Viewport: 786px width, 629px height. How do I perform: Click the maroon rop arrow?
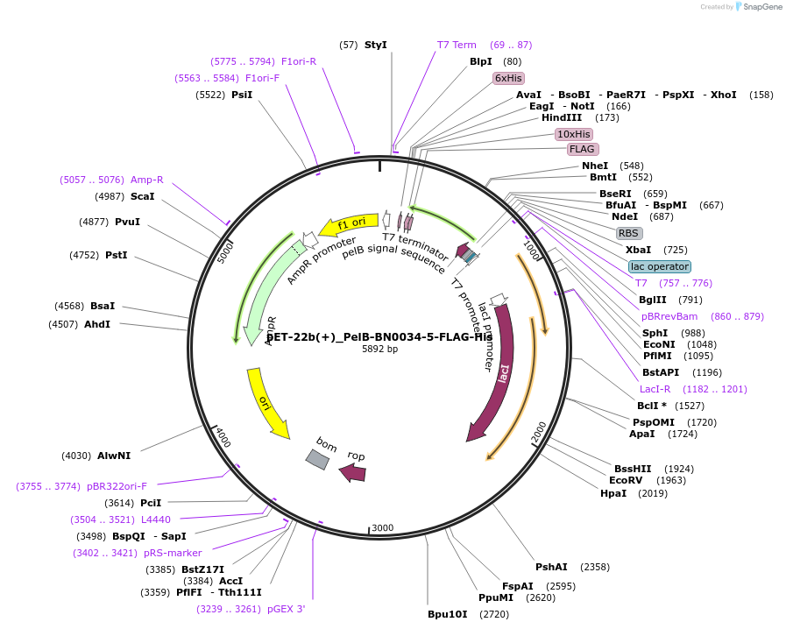tap(353, 472)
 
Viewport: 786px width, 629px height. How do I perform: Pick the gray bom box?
tap(317, 458)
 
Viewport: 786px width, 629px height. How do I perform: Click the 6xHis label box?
tap(508, 78)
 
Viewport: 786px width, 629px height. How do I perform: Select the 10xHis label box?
tap(574, 134)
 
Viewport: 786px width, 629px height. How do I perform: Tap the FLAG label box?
tap(582, 149)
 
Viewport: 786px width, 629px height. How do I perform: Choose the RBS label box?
tap(628, 233)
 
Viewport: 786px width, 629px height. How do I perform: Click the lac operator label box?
tap(659, 266)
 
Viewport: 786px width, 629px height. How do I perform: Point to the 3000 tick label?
tap(383, 528)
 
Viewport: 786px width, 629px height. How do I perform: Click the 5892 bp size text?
tap(379, 349)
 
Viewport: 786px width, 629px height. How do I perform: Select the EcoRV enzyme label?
tap(626, 480)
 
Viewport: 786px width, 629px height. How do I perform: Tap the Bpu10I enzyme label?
tap(448, 614)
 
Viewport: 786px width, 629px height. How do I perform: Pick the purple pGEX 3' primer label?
tap(287, 609)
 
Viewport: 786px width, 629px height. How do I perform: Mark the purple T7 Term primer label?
tap(457, 45)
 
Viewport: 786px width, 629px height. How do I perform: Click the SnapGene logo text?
tap(762, 7)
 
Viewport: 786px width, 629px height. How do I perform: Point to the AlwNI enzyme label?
tap(114, 456)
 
